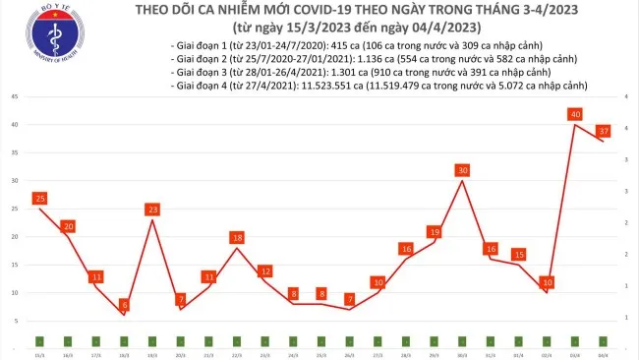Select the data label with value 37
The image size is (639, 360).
point(604,131)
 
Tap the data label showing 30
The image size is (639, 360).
point(461,170)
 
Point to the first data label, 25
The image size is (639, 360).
point(39,199)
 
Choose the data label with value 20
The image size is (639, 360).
point(68,226)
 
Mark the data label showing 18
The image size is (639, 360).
point(237,238)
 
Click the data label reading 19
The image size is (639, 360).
point(434,232)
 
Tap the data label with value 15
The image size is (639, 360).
point(518,255)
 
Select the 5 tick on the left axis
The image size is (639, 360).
point(15,321)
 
